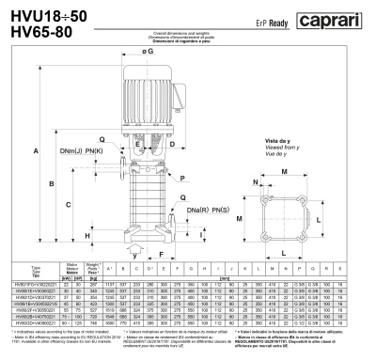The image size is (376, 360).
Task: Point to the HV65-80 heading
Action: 36,30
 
